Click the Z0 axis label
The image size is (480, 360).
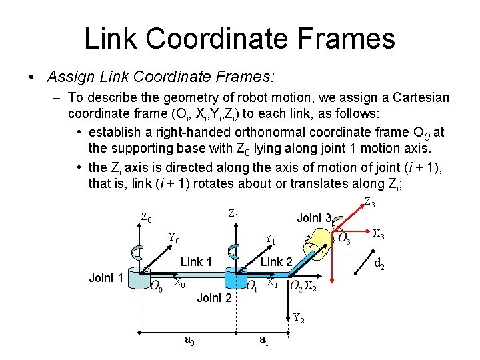tap(146, 218)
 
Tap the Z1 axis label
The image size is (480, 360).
tap(233, 215)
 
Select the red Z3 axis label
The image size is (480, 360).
tap(369, 203)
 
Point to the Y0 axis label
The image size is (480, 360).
tap(174, 238)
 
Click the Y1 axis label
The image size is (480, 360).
tap(271, 239)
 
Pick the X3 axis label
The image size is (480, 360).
tap(378, 234)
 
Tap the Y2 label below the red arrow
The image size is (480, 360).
tap(299, 318)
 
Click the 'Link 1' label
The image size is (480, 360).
tap(196, 262)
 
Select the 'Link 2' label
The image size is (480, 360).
tap(276, 262)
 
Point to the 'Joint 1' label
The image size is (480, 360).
tap(106, 278)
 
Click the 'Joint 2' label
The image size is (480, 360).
tap(214, 297)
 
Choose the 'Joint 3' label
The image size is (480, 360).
tap(313, 218)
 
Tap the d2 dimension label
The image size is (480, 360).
tap(379, 265)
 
